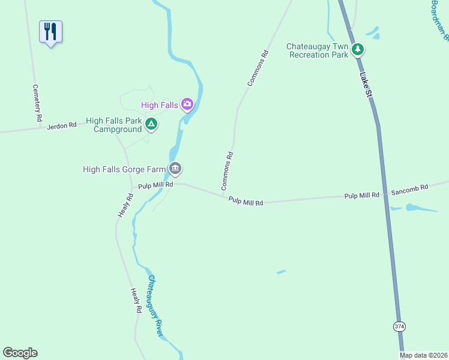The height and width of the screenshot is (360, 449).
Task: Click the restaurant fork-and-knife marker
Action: pos(51,32)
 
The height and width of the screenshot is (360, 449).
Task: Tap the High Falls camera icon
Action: pos(187,105)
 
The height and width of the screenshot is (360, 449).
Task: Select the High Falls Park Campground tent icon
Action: pos(151,124)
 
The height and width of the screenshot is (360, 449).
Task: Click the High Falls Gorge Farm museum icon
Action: pos(175,169)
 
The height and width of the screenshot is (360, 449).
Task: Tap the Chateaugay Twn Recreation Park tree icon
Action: pos(358,49)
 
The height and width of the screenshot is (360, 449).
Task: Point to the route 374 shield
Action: pos(399,326)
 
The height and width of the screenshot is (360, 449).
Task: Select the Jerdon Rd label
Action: pos(62,125)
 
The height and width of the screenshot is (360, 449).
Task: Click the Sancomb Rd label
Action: pos(409,188)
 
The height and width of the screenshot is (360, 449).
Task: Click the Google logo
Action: pos(20,353)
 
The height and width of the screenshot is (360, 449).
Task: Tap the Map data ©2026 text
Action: pos(423,355)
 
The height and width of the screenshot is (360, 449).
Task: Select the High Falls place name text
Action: pos(160,105)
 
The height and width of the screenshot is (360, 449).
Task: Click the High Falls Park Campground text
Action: pos(114,124)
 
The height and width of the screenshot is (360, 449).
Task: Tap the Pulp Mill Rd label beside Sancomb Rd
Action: pos(362,196)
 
